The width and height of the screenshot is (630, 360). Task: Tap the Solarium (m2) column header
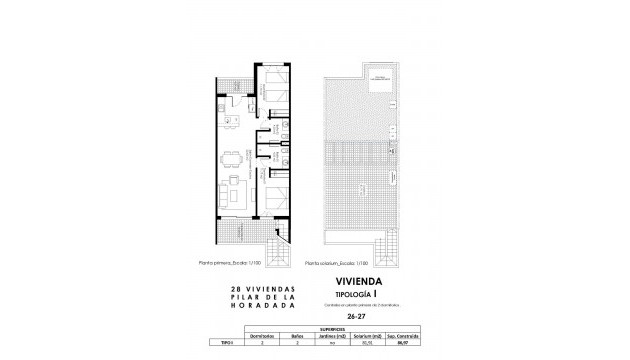368,334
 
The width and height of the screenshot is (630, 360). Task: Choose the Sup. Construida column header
406,334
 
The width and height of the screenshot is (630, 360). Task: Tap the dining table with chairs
233,158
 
